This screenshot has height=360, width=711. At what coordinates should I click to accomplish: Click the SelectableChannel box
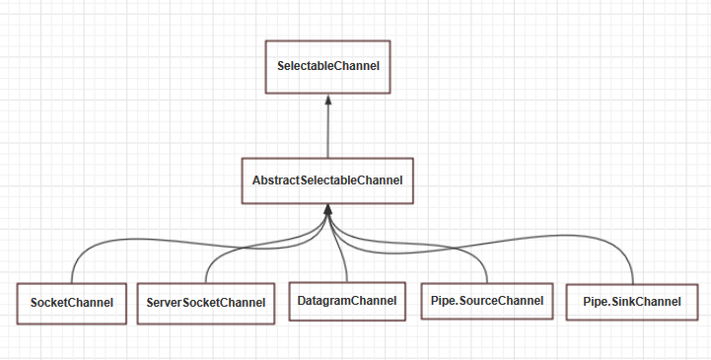click(x=327, y=66)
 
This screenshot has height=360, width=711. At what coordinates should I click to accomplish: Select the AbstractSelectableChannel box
click(x=327, y=180)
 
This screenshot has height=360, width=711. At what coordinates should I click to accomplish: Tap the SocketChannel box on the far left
click(x=72, y=302)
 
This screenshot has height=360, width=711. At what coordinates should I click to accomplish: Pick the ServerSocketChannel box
click(x=205, y=302)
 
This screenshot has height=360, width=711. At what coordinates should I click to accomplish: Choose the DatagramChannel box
click(x=346, y=300)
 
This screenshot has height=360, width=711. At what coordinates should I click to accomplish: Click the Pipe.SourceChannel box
click(x=486, y=301)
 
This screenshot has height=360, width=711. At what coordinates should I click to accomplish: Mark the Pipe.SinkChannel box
click(x=632, y=302)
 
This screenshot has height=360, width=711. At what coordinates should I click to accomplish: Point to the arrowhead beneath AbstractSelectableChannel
click(x=327, y=210)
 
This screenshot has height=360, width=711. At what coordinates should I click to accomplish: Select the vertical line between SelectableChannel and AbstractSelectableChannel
click(x=327, y=133)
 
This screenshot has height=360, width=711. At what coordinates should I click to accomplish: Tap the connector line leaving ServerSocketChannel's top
click(x=206, y=271)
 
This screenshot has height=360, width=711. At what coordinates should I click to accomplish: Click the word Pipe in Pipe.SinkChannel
click(x=596, y=302)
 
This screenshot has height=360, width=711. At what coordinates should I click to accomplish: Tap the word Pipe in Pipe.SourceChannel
click(x=443, y=301)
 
